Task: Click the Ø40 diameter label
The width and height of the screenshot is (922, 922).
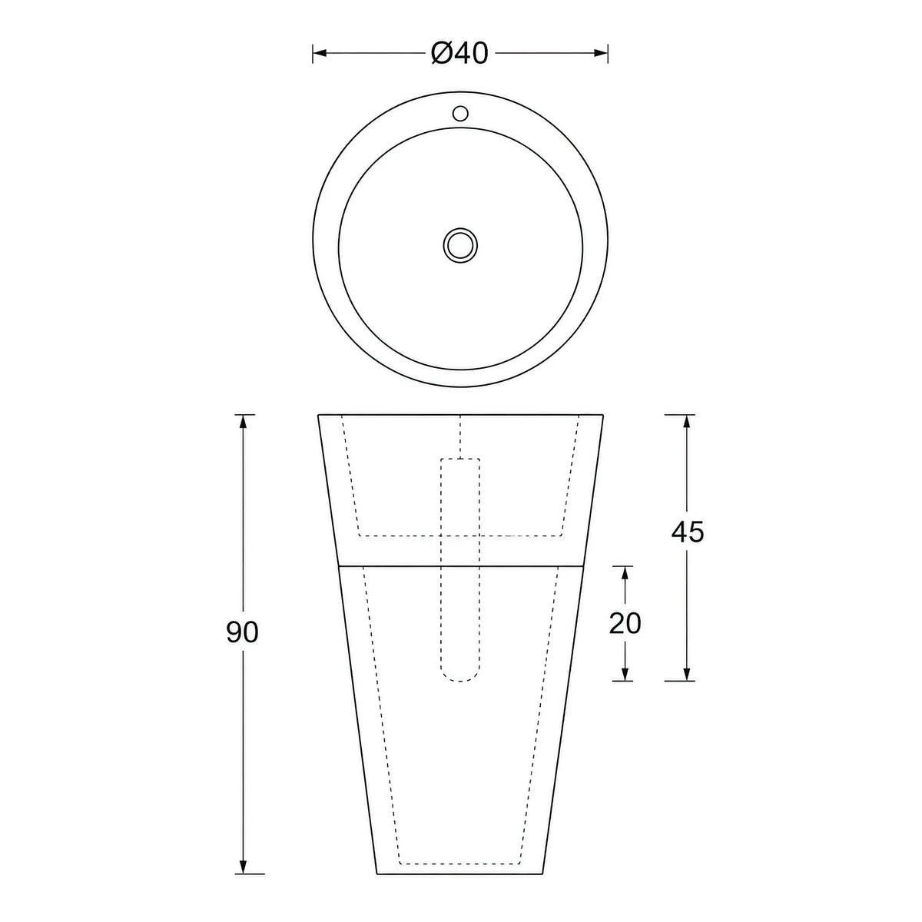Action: point(459,53)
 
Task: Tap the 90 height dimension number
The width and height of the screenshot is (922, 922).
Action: point(242,632)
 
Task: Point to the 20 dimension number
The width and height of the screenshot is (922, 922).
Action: point(625,623)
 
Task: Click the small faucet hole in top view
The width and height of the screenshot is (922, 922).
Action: point(460,114)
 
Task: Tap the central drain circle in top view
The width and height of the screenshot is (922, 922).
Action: point(460,245)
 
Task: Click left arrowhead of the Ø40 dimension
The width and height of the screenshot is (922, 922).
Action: point(319,53)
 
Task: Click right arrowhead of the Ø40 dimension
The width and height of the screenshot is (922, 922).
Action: point(601,53)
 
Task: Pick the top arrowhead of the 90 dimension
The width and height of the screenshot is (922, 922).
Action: point(243,422)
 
